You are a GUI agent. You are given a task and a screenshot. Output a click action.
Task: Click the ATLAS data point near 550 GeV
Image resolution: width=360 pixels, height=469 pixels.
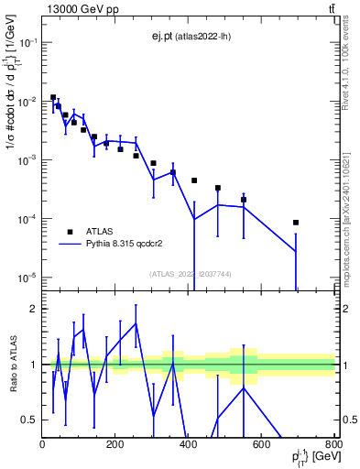[244, 200]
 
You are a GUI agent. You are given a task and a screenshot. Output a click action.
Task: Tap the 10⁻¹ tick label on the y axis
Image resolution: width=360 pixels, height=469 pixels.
[27, 42]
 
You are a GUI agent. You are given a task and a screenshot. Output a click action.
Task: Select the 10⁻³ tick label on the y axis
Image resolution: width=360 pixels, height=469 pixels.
[27, 160]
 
